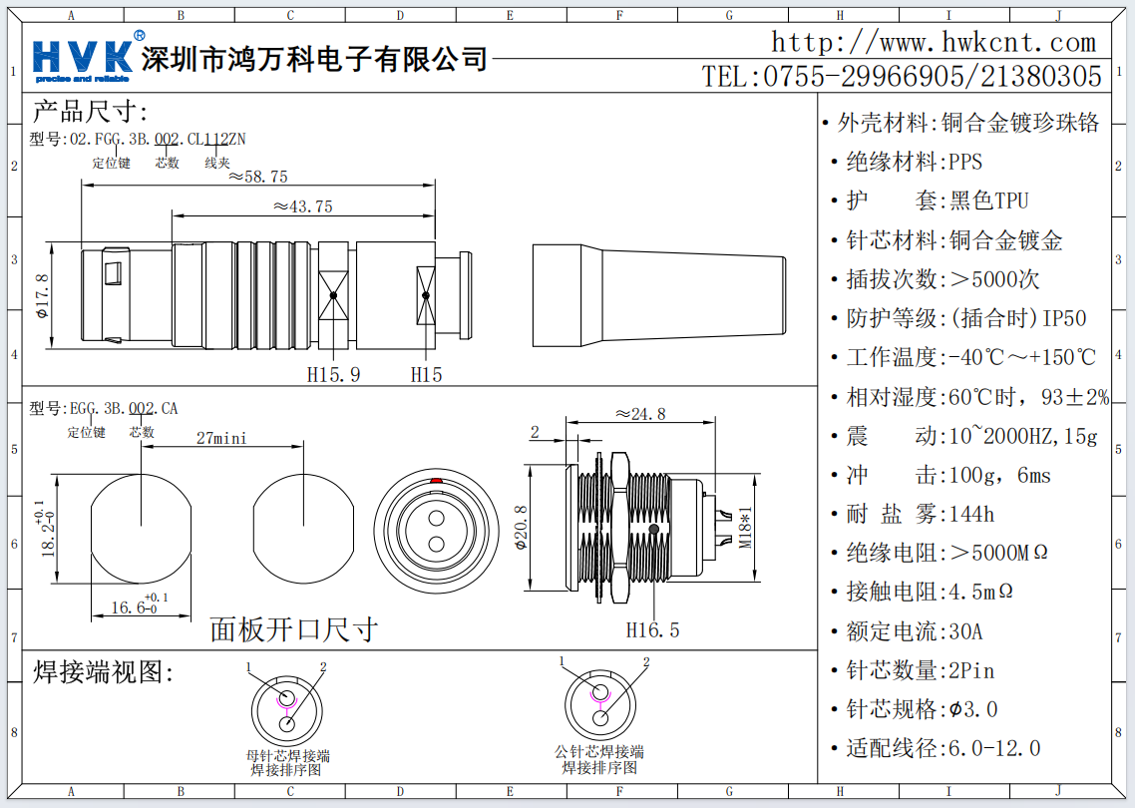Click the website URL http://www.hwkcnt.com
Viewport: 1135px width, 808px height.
[934, 43]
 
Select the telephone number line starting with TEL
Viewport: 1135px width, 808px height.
[902, 77]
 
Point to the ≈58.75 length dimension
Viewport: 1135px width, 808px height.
[257, 177]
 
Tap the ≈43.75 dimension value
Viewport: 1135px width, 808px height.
[302, 206]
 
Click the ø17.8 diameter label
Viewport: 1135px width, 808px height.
[43, 296]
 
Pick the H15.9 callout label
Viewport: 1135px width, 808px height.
[333, 375]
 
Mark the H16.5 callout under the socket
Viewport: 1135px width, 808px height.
[652, 630]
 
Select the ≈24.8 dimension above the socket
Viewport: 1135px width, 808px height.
[639, 414]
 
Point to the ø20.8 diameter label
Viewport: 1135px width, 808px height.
[519, 529]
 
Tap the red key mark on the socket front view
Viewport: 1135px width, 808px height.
[436, 482]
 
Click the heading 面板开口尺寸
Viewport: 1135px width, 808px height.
[293, 629]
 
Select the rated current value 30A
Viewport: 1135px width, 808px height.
[965, 631]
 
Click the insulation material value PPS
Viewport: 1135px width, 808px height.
[965, 162]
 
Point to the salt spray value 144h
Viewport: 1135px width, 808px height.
[971, 515]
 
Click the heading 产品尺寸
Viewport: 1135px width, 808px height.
[90, 111]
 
